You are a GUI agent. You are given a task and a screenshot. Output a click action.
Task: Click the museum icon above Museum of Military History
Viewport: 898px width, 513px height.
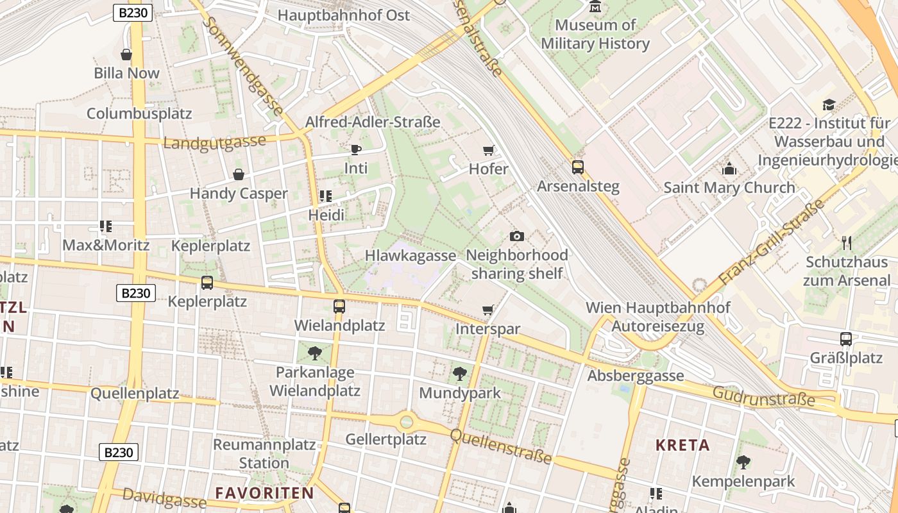pos(595,7)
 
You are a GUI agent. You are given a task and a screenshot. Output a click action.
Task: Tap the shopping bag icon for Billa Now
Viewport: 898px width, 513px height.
pos(126,55)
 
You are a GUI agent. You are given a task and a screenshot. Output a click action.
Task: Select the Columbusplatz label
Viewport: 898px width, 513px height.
pos(139,114)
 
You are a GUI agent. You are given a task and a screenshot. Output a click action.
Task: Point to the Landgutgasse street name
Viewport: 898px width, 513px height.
pos(214,142)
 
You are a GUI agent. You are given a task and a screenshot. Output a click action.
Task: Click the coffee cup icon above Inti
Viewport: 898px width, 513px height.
pos(356,150)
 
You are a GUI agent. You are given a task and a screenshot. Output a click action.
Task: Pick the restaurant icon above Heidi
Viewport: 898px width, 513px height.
pos(326,196)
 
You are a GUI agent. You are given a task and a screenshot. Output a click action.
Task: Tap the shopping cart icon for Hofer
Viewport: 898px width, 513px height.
pos(488,151)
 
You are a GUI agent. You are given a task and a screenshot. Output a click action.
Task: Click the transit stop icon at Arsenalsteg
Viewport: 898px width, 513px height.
pos(578,167)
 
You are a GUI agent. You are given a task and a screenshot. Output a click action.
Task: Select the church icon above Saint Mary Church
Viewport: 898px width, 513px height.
pos(729,169)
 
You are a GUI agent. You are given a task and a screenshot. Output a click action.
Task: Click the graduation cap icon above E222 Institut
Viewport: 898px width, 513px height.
pos(829,105)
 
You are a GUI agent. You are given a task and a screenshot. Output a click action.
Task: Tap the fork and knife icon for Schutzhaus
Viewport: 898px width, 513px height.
pos(847,242)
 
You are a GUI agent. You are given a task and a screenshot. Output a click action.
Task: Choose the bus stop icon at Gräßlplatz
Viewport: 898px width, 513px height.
pos(846,339)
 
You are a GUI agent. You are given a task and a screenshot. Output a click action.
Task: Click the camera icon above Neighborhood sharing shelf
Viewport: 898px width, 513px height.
pos(517,236)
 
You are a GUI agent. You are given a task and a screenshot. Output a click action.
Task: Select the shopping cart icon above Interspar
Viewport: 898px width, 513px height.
pos(487,310)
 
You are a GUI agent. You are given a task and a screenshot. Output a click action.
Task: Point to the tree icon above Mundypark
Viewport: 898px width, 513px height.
pos(459,373)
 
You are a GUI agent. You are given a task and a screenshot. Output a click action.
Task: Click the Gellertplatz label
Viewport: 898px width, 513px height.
pos(385,439)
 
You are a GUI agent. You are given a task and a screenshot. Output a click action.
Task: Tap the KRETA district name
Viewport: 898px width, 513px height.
pos(682,445)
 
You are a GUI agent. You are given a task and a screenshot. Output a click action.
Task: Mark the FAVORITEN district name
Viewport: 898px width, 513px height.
pos(264,493)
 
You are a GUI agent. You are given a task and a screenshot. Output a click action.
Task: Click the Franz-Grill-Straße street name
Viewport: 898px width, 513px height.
pos(770,243)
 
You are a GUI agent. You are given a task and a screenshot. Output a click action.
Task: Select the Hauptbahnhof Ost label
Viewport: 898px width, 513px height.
pos(344,15)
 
